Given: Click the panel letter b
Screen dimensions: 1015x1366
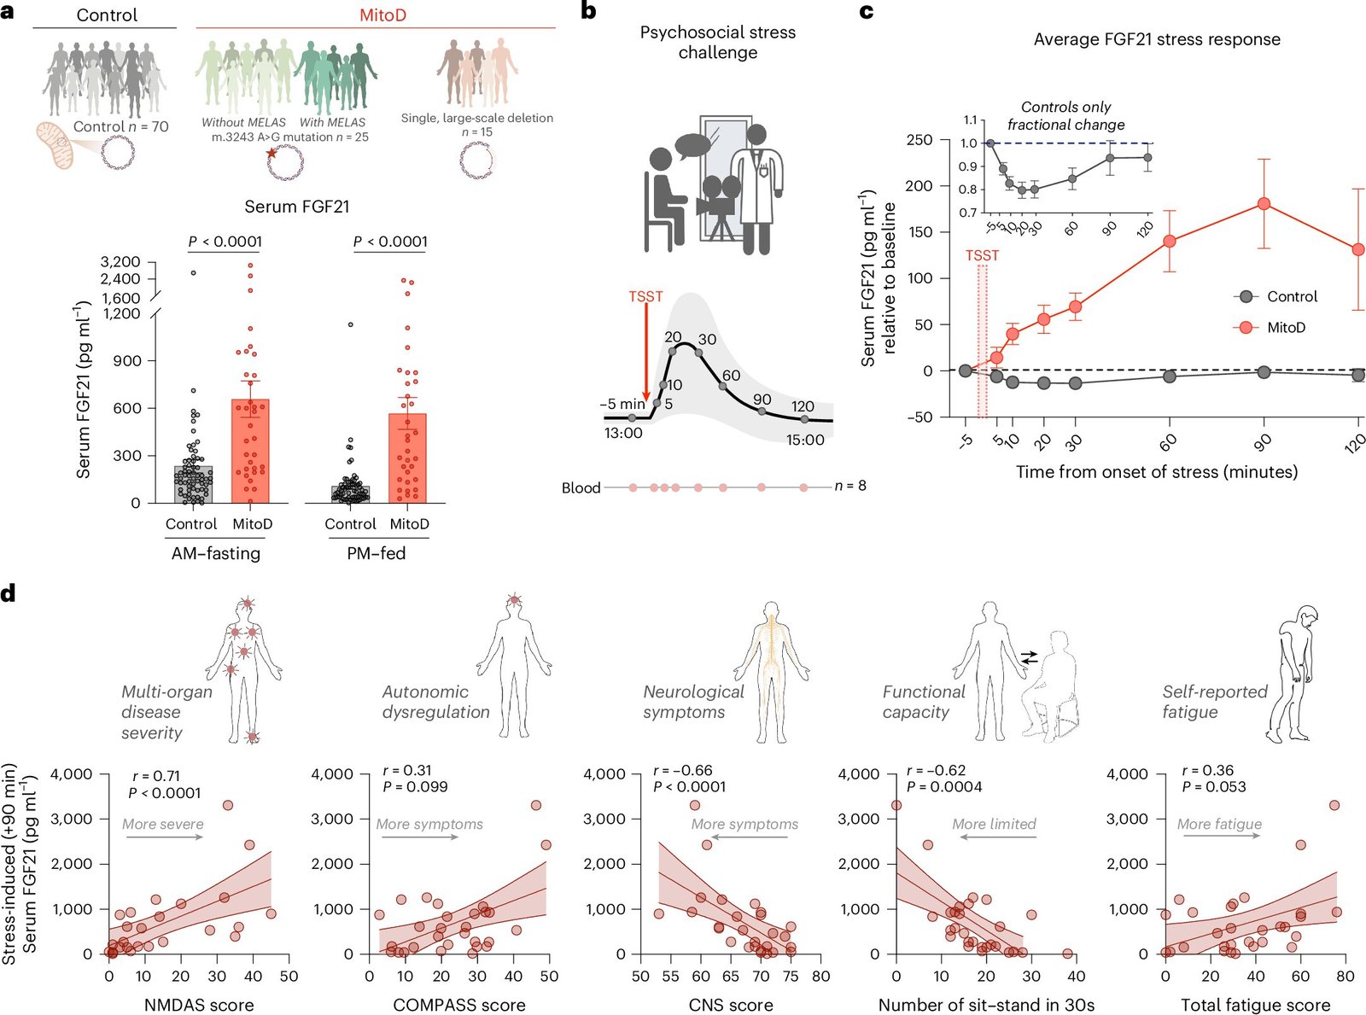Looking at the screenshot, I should coord(587,11).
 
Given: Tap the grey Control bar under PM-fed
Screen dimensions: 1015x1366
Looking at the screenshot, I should coord(350,494).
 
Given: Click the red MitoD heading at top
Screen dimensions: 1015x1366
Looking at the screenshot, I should coord(382,15).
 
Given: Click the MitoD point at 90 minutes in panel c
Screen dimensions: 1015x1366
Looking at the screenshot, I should coord(1264,204).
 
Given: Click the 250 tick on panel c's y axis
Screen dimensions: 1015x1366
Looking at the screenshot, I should coord(919,140).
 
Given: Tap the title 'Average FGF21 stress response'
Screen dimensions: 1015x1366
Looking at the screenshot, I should coord(1157,39).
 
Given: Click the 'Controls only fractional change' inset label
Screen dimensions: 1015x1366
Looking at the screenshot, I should coord(1065,116).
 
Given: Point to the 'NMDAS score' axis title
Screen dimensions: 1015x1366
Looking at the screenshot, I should coord(199,1005).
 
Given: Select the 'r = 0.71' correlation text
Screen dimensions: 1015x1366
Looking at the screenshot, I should coord(156,776).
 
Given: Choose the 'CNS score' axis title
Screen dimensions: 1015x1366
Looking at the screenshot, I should coord(731,1005).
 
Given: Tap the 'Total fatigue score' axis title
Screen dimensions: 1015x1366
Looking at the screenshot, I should coord(1255,1005).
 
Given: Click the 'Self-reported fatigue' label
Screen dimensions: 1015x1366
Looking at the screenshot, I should coord(1214,702).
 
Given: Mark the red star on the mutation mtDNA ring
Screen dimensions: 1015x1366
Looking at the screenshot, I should coord(272,153).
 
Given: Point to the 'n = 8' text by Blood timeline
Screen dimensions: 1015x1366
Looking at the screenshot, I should coord(850,486).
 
